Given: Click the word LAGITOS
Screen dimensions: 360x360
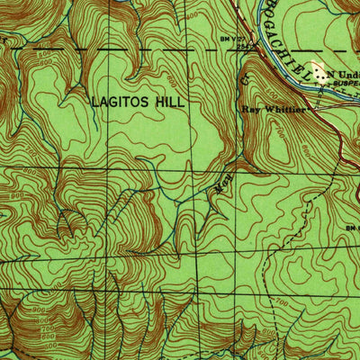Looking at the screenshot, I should point(121,103).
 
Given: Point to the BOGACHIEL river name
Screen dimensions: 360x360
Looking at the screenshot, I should point(283,31).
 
